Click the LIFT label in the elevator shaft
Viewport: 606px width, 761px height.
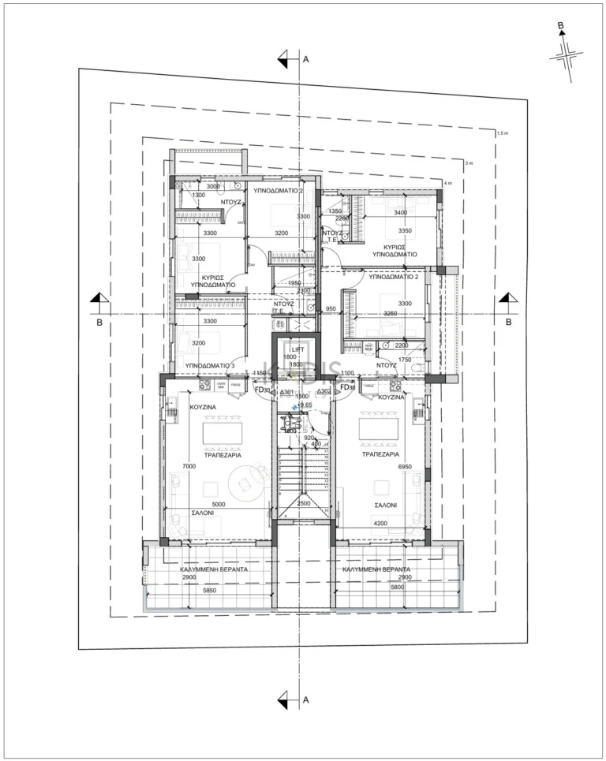[x=297, y=349]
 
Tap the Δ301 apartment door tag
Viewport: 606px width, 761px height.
[x=287, y=392]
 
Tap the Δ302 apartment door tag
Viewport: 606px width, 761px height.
[x=323, y=392]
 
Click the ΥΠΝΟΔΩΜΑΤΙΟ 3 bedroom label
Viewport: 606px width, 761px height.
[x=210, y=366]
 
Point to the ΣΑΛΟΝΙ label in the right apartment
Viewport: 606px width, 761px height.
[x=386, y=505]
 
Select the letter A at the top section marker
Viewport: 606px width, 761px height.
[x=305, y=58]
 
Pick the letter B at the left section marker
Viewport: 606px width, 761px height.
[x=99, y=323]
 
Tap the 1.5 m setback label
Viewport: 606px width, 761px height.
[x=503, y=133]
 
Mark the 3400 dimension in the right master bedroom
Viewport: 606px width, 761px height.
[x=400, y=213]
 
